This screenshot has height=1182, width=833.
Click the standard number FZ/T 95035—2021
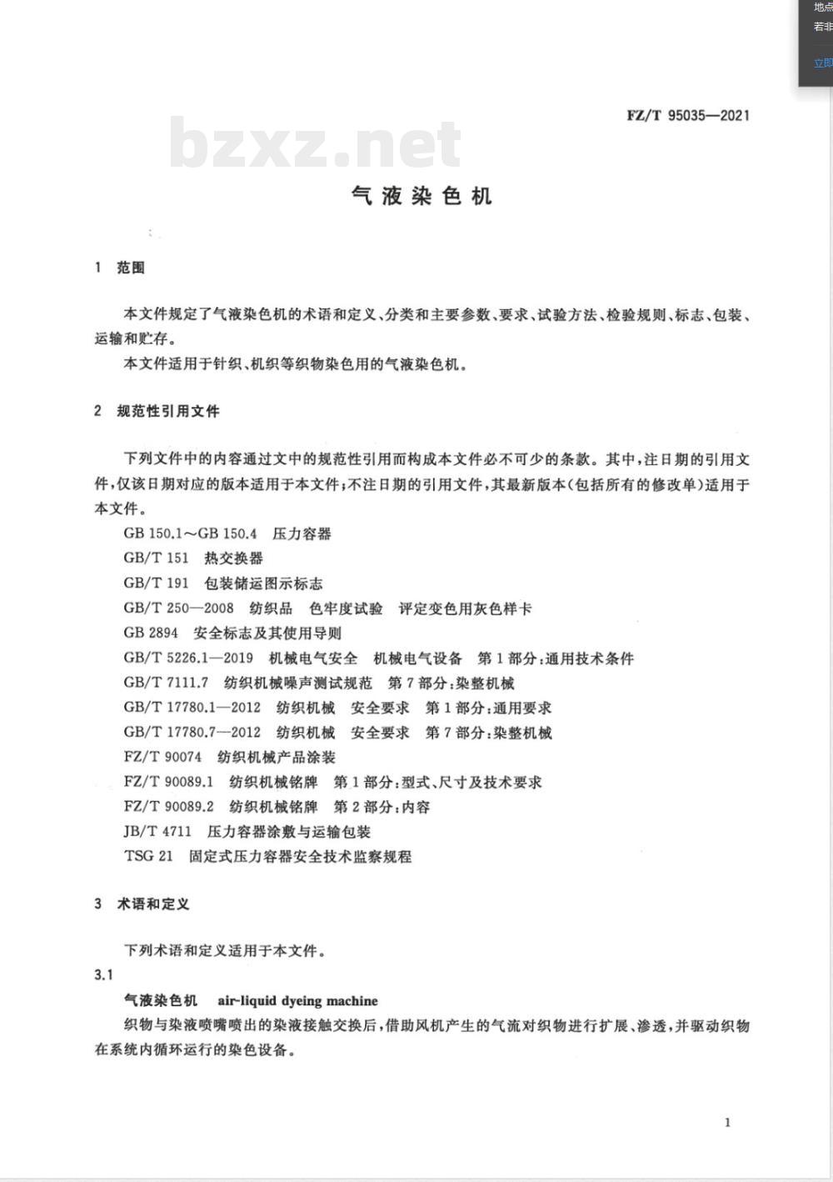coord(688,116)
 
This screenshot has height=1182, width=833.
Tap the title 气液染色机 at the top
coord(421,196)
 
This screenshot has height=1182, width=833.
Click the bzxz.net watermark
coord(315,144)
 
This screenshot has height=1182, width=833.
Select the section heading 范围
coord(131,268)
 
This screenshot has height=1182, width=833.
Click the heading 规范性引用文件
coord(168,411)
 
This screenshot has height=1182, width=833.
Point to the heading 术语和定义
coord(153,904)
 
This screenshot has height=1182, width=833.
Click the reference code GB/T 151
coord(157,558)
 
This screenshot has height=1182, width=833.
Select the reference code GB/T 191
coord(157,583)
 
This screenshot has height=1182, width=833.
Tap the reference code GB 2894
coord(151,633)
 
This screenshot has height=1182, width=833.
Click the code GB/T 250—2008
coord(178,609)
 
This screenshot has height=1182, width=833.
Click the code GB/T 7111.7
coord(166,683)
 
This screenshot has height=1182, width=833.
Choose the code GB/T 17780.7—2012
coord(192,733)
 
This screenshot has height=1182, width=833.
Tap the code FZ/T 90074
coord(162,757)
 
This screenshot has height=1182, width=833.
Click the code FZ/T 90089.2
coord(168,807)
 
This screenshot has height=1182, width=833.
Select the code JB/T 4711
coord(157,831)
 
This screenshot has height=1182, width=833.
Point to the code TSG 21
coord(148,856)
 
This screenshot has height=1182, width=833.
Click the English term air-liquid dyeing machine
coord(297,1001)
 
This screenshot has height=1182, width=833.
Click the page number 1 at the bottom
coord(727,1123)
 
